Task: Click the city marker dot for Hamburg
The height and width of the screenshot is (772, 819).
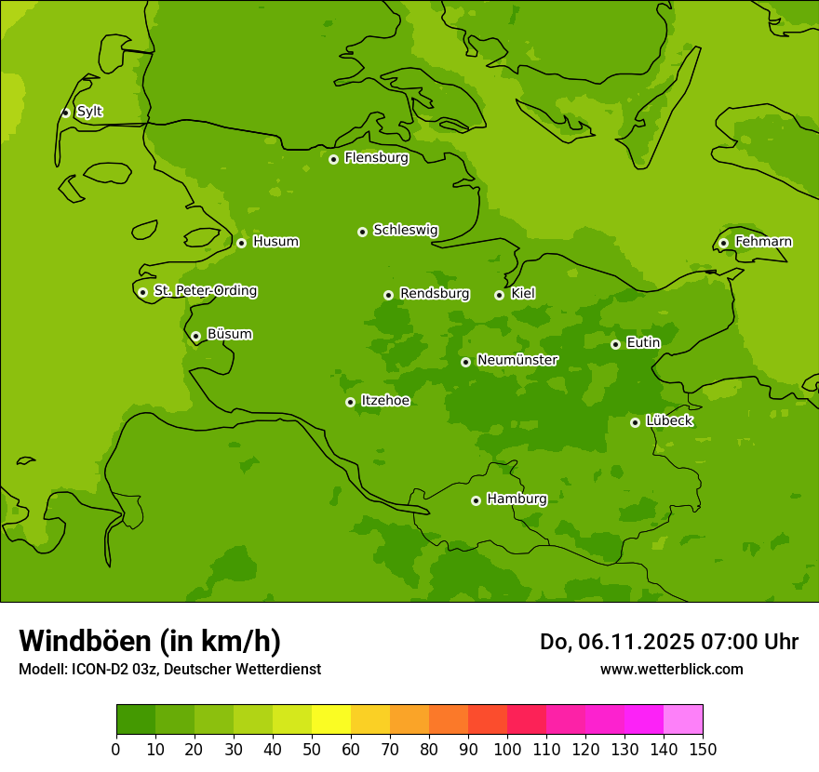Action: (476, 500)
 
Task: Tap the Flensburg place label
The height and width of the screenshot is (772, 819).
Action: (376, 158)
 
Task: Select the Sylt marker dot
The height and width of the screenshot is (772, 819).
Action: (65, 113)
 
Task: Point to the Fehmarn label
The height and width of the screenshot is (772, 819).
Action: (763, 242)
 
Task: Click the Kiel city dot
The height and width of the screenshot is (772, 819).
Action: (499, 295)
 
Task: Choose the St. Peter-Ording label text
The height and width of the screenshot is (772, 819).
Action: (205, 291)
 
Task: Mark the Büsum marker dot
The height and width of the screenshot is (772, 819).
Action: (195, 336)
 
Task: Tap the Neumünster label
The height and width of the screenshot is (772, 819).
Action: (517, 360)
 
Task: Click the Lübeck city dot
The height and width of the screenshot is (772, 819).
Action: (635, 422)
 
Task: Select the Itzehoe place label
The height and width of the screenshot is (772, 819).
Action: (385, 401)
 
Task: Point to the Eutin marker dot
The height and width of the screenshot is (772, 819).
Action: (615, 344)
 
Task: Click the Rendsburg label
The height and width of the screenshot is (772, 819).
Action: (435, 294)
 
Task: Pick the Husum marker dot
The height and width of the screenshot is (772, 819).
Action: (241, 243)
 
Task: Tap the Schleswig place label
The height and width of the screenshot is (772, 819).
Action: (405, 230)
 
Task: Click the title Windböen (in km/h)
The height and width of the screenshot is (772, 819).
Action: (150, 641)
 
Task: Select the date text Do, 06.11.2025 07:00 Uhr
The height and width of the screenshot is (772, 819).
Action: (668, 642)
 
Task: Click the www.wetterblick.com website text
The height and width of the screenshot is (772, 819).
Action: (671, 669)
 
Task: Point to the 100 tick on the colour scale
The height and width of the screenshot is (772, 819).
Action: (507, 749)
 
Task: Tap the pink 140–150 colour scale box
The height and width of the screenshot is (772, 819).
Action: (683, 720)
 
